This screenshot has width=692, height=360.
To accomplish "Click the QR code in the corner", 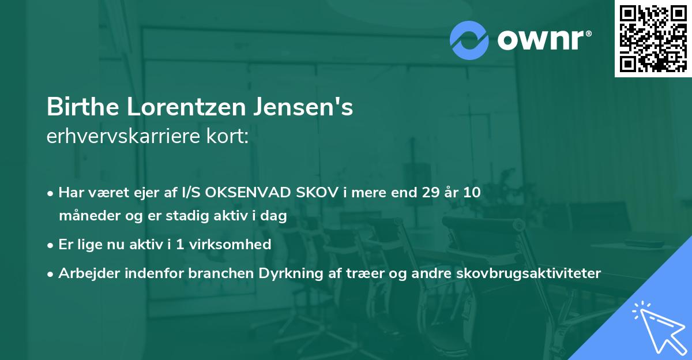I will coord(653,39).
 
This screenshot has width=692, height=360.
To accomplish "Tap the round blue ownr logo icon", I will coord(469,39).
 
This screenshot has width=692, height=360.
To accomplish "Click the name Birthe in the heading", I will coord(80,107).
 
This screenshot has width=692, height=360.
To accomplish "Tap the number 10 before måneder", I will coord(472,192).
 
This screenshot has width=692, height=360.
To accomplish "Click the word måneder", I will coord(86,216).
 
